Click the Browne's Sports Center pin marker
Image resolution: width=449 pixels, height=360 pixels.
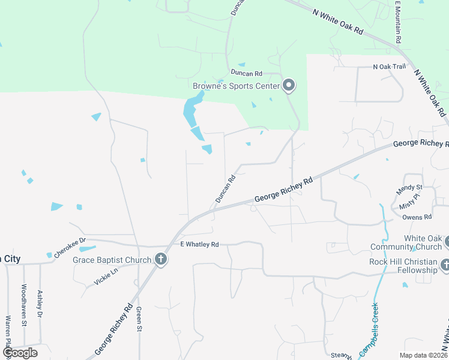(x=289, y=85)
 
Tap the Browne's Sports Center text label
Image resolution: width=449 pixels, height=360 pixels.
(x=236, y=86)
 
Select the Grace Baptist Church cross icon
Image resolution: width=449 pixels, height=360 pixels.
(x=160, y=259)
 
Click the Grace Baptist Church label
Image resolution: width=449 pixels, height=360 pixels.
(x=112, y=260)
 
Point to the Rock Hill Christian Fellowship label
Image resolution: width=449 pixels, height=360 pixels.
(x=403, y=266)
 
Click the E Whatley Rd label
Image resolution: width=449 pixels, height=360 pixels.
(x=200, y=245)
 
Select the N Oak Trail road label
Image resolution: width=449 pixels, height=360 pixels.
(x=390, y=67)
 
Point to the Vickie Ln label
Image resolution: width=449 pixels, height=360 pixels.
(x=106, y=277)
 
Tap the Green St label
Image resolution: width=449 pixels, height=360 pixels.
(x=139, y=318)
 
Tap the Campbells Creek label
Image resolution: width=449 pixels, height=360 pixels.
(x=369, y=331)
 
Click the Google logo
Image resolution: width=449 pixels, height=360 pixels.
(x=19, y=353)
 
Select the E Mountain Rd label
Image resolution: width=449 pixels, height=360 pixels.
(x=397, y=21)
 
